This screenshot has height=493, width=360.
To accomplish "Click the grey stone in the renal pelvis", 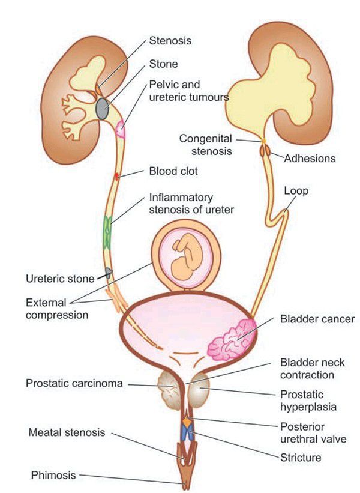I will (103, 109).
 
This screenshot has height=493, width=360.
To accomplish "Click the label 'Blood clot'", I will (173, 171).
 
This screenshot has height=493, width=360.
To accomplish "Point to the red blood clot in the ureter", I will (118, 177).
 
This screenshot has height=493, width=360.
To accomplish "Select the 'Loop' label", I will (296, 191).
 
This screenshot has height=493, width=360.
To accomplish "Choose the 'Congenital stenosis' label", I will (205, 145).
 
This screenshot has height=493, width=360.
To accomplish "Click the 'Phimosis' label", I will (54, 475).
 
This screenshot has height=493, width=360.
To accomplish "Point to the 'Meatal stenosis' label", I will (67, 432).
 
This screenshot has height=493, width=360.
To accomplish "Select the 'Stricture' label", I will (301, 458).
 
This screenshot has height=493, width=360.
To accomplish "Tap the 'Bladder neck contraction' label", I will (307, 369).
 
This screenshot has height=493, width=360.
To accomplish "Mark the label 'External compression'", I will (57, 308).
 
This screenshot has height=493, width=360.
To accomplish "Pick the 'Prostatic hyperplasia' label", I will (308, 401).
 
